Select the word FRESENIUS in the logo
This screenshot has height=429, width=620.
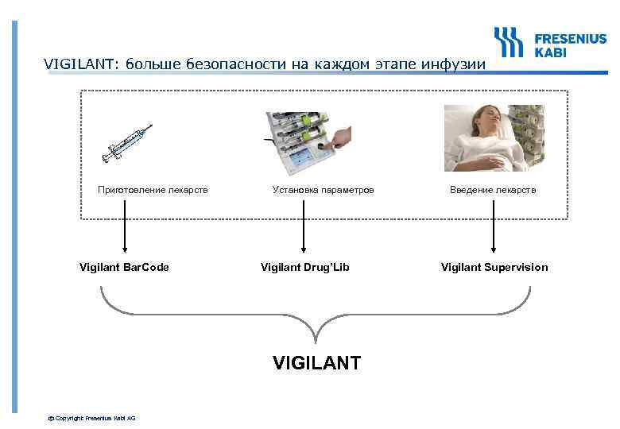pos(570,37)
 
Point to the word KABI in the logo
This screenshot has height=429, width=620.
pos(550,52)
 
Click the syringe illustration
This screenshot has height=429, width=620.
pos(130,143)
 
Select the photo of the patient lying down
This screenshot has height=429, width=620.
pos(493,139)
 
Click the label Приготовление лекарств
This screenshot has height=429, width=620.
pos(153,190)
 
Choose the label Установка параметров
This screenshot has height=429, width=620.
pos(323,190)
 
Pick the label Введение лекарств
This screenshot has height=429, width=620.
pos(493,190)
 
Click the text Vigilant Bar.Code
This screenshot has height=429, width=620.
pos(125,267)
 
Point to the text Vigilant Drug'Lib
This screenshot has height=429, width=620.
pos(305,267)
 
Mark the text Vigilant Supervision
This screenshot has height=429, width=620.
pos(494,267)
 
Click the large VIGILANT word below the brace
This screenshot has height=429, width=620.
pos(316,364)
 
